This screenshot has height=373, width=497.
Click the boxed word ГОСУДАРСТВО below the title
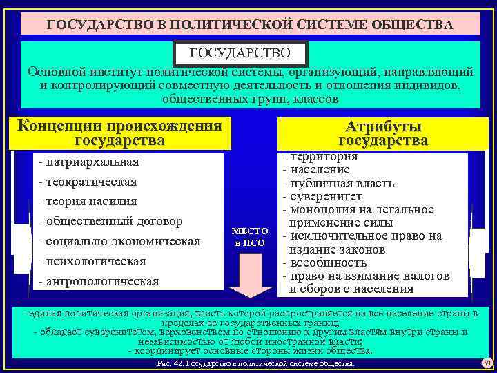240,53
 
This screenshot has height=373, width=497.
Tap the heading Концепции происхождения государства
120,133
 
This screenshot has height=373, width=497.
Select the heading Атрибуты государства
383,134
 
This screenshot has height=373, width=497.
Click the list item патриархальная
90,162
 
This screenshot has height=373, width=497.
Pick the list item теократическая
88,182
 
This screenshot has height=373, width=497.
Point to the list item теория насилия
88,202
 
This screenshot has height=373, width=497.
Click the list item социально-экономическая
119,241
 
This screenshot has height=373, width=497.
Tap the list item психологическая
92,261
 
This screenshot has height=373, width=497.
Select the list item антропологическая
99,281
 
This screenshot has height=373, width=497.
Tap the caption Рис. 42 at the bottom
255,363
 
